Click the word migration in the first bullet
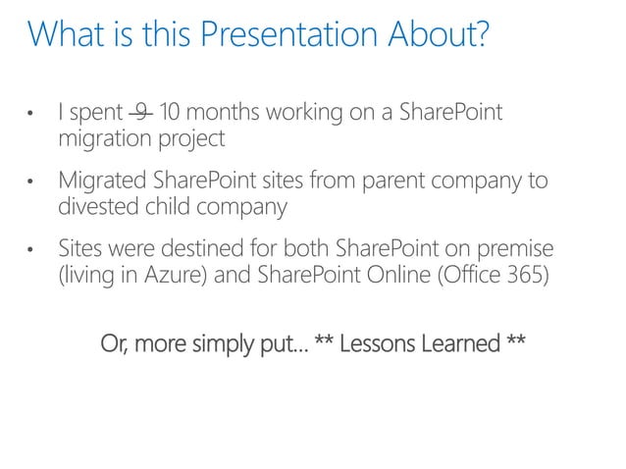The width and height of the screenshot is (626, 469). pyautogui.click(x=99, y=139)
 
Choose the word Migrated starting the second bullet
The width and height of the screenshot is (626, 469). pyautogui.click(x=102, y=182)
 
